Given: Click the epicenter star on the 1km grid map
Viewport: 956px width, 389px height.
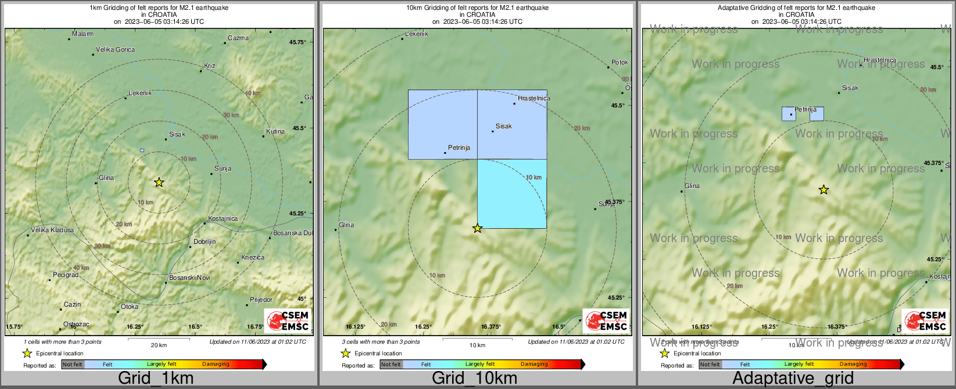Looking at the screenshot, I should click(159, 182).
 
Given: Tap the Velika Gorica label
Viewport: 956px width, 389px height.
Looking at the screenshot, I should click(115, 50).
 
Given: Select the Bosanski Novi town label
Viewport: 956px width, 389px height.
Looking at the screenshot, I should click(189, 278).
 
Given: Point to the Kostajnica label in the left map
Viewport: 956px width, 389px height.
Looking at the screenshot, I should click(223, 219).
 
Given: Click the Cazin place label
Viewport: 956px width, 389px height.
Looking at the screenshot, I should click(72, 305).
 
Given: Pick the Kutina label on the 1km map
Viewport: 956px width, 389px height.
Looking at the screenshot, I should click(275, 131).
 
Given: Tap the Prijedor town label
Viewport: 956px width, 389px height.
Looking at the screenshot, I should click(261, 300).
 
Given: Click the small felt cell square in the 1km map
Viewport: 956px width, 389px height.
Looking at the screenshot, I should click(142, 150).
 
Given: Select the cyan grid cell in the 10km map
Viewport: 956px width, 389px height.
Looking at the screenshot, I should click(511, 193).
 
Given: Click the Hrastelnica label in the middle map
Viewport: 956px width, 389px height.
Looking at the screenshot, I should click(534, 99).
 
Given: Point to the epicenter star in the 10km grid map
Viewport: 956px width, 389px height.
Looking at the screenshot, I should click(477, 228).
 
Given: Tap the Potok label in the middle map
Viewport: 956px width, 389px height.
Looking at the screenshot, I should click(620, 63).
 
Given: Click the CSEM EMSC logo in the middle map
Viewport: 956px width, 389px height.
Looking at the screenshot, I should click(606, 321).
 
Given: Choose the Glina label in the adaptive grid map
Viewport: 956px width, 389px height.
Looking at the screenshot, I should click(692, 186).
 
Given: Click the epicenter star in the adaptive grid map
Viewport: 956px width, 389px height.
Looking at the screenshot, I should click(823, 190).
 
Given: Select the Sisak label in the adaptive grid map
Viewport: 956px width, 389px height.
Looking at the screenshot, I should click(850, 88).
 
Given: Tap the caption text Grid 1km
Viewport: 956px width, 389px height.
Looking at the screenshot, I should click(156, 379).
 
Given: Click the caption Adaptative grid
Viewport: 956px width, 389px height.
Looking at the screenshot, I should click(793, 379).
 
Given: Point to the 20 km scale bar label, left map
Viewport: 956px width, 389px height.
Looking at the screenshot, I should click(159, 345).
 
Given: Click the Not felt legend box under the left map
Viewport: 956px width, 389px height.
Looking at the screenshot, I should click(73, 365).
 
